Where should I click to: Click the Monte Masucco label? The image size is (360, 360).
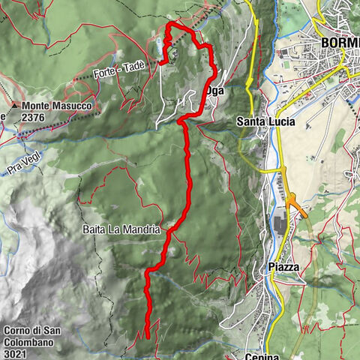pyautogui.click(x=56, y=107)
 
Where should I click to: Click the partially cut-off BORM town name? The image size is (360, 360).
pyautogui.click(x=340, y=42)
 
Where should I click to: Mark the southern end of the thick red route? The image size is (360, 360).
pyautogui.click(x=147, y=335)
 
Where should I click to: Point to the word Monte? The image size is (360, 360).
pyautogui.click(x=38, y=107)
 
